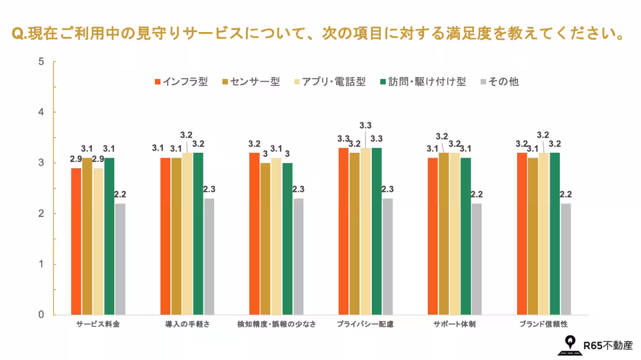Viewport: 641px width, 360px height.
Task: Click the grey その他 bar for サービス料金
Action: pos(120,259)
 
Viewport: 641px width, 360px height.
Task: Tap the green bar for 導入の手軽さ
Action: pos(198,234)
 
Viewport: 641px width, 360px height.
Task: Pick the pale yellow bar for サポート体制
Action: pos(455,234)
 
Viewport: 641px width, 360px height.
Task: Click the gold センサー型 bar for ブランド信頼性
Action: pos(533,236)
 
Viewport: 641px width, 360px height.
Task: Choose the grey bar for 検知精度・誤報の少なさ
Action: pos(298,256)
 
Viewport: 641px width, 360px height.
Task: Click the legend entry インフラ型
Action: pos(181,82)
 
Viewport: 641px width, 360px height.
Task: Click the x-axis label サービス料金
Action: pos(98,324)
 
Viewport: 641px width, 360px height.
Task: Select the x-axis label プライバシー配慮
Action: pos(365,324)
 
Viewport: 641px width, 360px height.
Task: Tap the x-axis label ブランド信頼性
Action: pos(543,324)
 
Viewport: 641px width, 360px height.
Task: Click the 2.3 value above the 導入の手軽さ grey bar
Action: pos(209,189)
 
